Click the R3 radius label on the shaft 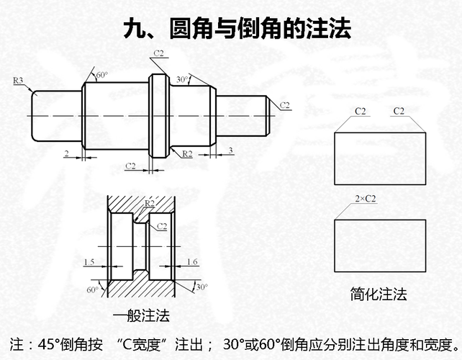[19, 80]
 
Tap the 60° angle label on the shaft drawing [101, 75]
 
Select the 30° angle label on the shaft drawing [182, 79]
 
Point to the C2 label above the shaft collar [159, 53]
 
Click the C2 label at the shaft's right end [285, 106]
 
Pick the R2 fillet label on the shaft [187, 153]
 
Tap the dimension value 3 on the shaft [230, 150]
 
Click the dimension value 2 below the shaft [66, 153]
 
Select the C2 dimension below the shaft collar [130, 166]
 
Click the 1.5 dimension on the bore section [89, 262]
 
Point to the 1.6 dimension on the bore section [192, 262]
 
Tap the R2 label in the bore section [149, 204]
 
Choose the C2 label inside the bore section [162, 226]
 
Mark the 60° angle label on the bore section [92, 290]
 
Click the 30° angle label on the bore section [201, 287]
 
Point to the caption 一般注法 [141, 316]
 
